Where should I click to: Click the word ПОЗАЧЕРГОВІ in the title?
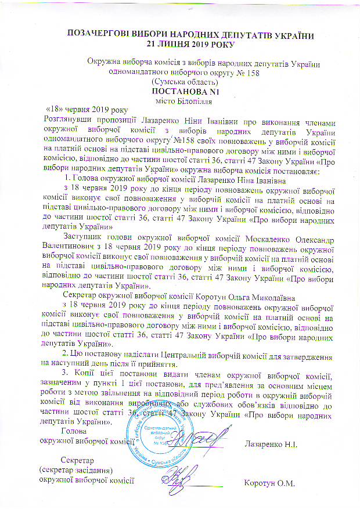click(x=96, y=35)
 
